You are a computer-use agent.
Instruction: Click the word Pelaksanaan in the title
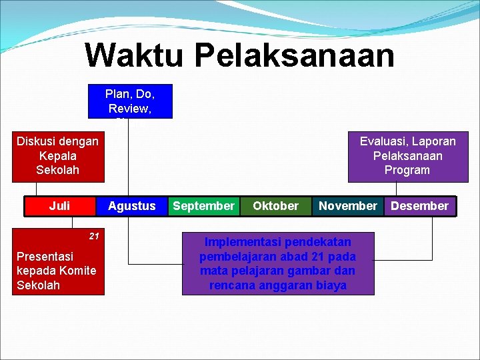(x=296, y=56)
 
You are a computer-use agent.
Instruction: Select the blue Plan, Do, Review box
(x=130, y=101)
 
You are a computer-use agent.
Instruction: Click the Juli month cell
(x=59, y=206)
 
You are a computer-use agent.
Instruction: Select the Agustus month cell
(x=131, y=206)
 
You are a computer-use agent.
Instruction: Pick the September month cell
(x=203, y=206)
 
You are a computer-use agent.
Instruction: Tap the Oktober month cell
(x=275, y=206)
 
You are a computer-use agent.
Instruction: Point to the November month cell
(x=347, y=206)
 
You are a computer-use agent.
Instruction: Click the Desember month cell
(x=419, y=206)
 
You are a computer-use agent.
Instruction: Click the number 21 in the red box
(x=94, y=236)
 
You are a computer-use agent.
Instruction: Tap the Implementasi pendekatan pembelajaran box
(x=278, y=263)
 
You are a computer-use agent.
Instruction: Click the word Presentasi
(x=45, y=256)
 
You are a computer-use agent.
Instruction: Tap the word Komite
(x=77, y=271)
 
